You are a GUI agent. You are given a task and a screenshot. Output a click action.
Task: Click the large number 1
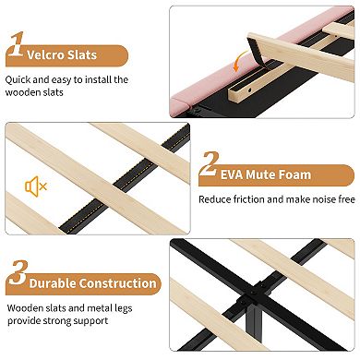point(17,43)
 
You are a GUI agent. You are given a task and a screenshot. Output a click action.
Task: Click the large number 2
point(210,163)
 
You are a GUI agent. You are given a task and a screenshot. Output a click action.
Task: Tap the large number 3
point(18,272)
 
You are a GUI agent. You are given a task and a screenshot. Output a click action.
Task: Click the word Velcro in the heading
point(45,55)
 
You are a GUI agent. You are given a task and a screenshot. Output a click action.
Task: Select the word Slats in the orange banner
point(82,55)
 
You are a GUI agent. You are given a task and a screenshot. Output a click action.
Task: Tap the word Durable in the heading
point(53,283)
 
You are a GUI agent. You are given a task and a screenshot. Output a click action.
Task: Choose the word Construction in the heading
point(118,283)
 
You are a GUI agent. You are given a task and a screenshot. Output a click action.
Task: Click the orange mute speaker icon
point(36,186)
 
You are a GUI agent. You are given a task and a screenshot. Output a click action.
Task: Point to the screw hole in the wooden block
point(250,90)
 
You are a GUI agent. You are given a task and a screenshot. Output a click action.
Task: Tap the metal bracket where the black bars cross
point(255,293)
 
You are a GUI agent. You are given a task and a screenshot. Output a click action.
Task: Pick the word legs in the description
point(123,309)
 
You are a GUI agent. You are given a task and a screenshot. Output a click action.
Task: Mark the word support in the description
point(91,321)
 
